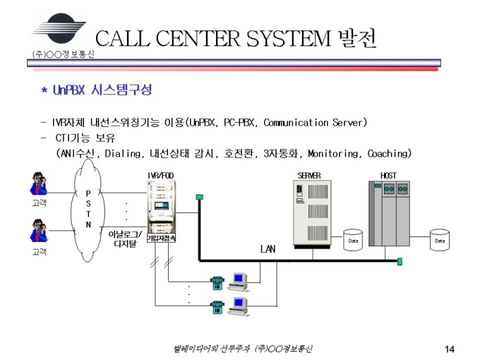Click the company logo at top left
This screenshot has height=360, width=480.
click(56, 29)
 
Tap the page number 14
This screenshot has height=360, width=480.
click(450, 349)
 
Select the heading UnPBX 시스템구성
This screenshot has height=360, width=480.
click(97, 90)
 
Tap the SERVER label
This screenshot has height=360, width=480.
click(308, 174)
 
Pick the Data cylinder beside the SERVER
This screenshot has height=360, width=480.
click(353, 240)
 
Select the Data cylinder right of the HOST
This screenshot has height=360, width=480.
click(440, 240)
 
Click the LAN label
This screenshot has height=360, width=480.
click(268, 248)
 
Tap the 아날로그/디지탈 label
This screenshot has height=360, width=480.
click(125, 239)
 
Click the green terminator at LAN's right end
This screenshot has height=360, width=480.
click(399, 261)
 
